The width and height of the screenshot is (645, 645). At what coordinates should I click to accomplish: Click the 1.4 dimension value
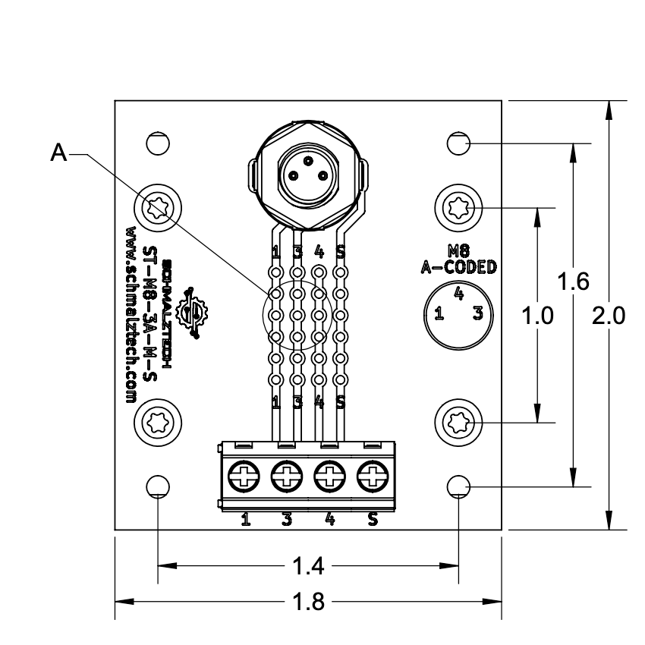click(x=308, y=566)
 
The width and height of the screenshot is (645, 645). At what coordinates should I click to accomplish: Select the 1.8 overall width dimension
click(x=308, y=602)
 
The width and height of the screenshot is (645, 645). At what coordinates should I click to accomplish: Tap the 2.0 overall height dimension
click(x=609, y=316)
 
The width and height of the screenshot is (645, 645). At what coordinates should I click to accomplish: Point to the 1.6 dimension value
click(x=573, y=282)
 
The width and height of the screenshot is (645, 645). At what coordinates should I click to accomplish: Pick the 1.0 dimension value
click(x=538, y=316)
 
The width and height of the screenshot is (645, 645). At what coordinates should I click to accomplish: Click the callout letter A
click(x=58, y=153)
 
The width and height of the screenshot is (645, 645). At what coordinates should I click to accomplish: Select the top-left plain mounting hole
click(x=158, y=144)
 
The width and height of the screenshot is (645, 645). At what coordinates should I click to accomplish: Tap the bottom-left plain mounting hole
click(x=158, y=487)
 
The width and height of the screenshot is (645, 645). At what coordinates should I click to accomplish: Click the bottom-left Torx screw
click(x=158, y=423)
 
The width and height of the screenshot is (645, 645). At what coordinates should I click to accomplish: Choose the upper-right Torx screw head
click(x=458, y=208)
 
